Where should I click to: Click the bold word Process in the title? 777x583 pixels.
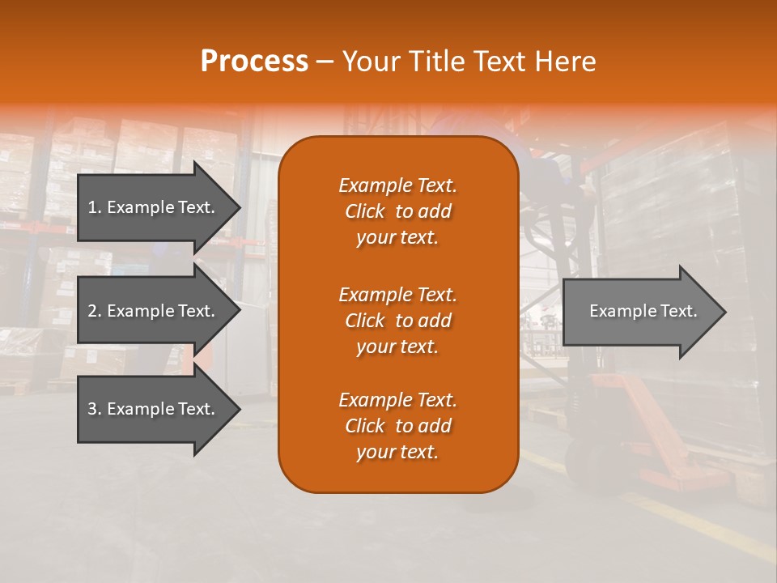point(254,62)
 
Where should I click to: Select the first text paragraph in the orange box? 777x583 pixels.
point(397,211)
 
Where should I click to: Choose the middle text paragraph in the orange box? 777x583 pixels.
point(397,321)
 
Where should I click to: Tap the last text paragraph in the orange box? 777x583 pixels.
point(397,426)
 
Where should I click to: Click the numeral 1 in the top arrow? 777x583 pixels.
point(91,207)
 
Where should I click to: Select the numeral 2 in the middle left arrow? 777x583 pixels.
point(92,311)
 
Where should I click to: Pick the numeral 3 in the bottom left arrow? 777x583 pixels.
point(92,409)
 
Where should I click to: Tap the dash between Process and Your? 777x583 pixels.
point(325,62)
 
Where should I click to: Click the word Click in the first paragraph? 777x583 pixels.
point(365,211)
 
